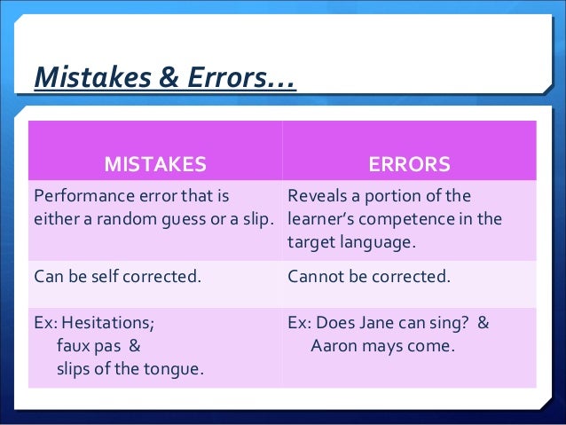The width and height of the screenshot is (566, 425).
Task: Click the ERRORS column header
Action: point(409,164)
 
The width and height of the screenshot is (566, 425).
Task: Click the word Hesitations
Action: point(110,323)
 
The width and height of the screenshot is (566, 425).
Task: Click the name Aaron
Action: point(334,346)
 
